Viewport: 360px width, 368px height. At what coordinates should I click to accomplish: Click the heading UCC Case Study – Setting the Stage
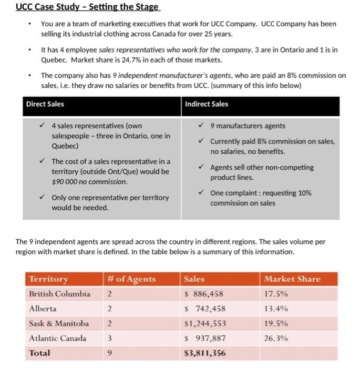click(87, 7)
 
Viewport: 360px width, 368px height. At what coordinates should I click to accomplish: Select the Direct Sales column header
click(45, 104)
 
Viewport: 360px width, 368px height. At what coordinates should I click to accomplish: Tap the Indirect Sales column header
click(207, 104)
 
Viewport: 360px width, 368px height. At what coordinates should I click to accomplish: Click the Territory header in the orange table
click(48, 279)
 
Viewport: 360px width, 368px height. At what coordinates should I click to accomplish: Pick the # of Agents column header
click(131, 279)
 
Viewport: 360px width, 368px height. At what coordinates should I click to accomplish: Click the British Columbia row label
click(59, 294)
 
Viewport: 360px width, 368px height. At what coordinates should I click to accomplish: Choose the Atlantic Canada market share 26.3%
click(276, 338)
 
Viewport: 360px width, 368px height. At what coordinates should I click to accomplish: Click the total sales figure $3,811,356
click(204, 353)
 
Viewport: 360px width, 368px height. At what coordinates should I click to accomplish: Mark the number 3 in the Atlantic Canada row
click(109, 338)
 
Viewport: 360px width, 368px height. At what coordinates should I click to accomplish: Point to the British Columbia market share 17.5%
click(276, 294)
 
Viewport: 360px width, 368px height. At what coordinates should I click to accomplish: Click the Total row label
click(40, 353)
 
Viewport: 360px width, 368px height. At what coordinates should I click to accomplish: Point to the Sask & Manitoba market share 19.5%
click(276, 323)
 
